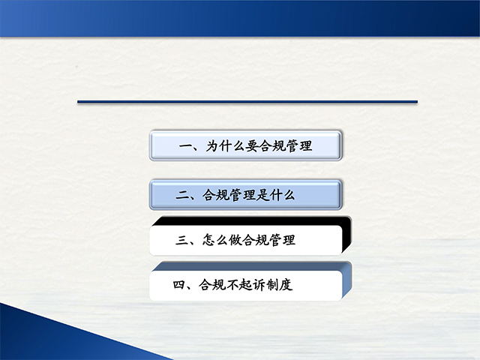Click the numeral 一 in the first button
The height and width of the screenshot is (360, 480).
pyautogui.click(x=186, y=146)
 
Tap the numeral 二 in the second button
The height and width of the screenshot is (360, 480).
pyautogui.click(x=183, y=195)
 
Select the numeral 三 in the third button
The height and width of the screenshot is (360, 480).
pyautogui.click(x=182, y=240)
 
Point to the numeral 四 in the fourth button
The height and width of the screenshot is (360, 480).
pyautogui.click(x=180, y=285)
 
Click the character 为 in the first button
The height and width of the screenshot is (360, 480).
pyautogui.click(x=213, y=145)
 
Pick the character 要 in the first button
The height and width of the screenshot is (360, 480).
pyautogui.click(x=253, y=145)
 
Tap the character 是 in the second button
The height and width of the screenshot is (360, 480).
pyautogui.click(x=262, y=195)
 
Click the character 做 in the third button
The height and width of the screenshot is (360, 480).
pyautogui.click(x=235, y=240)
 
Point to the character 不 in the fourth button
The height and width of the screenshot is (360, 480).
pyautogui.click(x=232, y=285)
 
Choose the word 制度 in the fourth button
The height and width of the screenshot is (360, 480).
pyautogui.click(x=280, y=285)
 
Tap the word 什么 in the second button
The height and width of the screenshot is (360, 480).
pyautogui.click(x=282, y=195)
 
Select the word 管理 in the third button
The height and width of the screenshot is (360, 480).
pyautogui.click(x=282, y=240)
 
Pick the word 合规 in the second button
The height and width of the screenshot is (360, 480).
pyautogui.click(x=215, y=195)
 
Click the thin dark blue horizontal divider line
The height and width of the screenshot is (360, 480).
pyautogui.click(x=247, y=102)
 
